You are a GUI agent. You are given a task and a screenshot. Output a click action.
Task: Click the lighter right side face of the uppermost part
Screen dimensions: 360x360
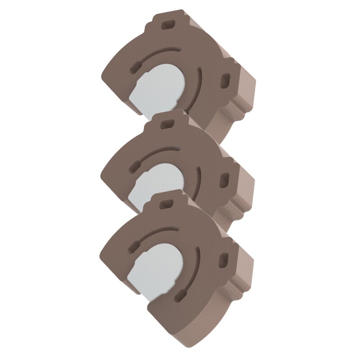tap(245, 97)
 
